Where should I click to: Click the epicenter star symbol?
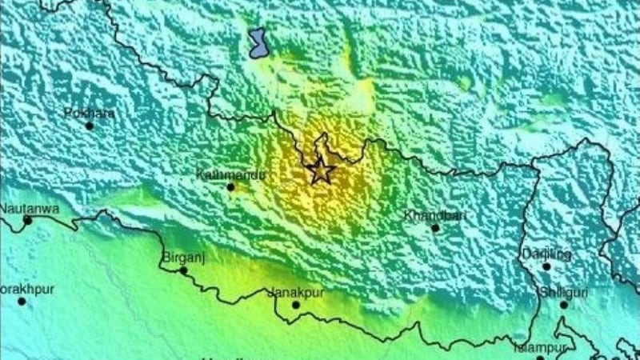pos(320,170)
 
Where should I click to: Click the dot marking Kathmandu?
pos(230,187)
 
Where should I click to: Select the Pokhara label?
pos(90,113)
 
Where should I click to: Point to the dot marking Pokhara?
pos(90,126)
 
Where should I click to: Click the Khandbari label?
pos(430,215)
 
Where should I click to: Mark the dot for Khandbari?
pos(435,228)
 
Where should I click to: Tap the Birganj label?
pos(180,258)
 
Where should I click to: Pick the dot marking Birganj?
pos(183,270)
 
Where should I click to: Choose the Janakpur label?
pos(295,292)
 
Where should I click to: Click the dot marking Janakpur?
pos(295,305)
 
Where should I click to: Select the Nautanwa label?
pos(24,208)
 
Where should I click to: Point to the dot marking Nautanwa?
pos(27,220)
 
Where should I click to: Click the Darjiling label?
pos(547,254)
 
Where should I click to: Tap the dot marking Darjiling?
pos(547,266)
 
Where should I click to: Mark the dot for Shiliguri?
pos(563,305)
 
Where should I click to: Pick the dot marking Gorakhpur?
pos(22,302)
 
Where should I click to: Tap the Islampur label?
pos(541,348)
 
